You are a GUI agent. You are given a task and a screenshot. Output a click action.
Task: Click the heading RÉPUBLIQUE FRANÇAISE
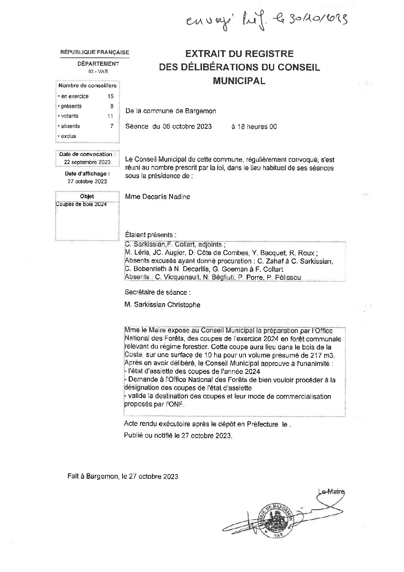click(95, 52)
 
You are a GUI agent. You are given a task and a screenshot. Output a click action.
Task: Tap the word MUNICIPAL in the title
click(239, 81)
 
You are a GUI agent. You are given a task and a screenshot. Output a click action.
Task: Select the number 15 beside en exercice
click(111, 96)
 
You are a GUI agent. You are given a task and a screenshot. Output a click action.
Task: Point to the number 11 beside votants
click(110, 116)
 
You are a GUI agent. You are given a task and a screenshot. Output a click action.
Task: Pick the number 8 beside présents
click(112, 106)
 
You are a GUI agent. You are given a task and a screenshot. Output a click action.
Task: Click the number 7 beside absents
click(112, 126)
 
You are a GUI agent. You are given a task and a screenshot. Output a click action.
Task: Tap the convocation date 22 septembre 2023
click(87, 162)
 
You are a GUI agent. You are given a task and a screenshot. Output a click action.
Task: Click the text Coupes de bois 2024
click(81, 204)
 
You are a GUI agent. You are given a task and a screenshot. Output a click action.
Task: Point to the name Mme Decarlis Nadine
click(158, 197)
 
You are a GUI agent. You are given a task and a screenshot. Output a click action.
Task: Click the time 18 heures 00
click(254, 127)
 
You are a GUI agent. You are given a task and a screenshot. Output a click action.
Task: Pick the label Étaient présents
click(151, 234)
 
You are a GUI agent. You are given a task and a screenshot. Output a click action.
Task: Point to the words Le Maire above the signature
click(331, 492)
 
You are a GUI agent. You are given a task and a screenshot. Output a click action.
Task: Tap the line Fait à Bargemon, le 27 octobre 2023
click(123, 476)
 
